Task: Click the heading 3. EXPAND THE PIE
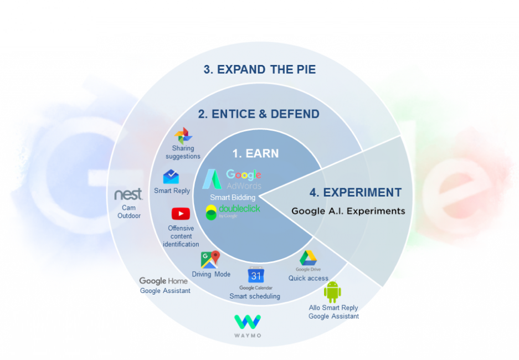coord(259,69)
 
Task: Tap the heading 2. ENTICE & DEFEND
coord(259,114)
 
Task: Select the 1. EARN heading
coord(255,153)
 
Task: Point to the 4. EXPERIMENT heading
coord(355,193)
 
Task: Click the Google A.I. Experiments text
coord(348,211)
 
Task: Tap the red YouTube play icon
coord(181,214)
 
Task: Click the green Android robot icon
coord(332,291)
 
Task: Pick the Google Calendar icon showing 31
coord(256,275)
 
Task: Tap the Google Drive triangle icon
coord(308,258)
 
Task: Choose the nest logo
coord(129,194)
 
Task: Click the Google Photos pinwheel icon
coord(183,136)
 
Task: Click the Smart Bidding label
coord(232,197)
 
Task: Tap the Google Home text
coord(163,281)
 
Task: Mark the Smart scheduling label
coord(255,296)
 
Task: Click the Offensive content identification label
coord(181,236)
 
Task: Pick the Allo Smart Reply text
coord(333,308)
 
